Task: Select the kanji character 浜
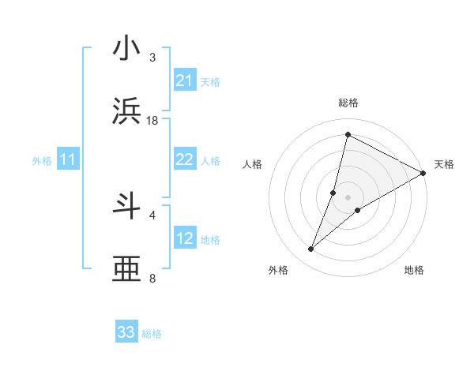pyautogui.click(x=127, y=112)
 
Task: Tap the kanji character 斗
pyautogui.click(x=127, y=207)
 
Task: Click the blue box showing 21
pyautogui.click(x=184, y=81)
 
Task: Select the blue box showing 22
pyautogui.click(x=184, y=159)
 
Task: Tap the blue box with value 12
pyautogui.click(x=184, y=238)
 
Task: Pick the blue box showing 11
pyautogui.click(x=68, y=160)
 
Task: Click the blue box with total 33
pyautogui.click(x=126, y=332)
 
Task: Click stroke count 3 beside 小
pyautogui.click(x=152, y=57)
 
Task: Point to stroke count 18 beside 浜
pyautogui.click(x=152, y=120)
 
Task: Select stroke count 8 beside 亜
pyautogui.click(x=152, y=278)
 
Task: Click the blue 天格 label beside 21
pyautogui.click(x=210, y=81)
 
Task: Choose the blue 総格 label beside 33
pyautogui.click(x=152, y=333)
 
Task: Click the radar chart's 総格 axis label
pyautogui.click(x=348, y=103)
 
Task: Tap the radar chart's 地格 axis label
pyautogui.click(x=414, y=270)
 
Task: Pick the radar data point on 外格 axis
pyautogui.click(x=311, y=249)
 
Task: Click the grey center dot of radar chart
pyautogui.click(x=348, y=197)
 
